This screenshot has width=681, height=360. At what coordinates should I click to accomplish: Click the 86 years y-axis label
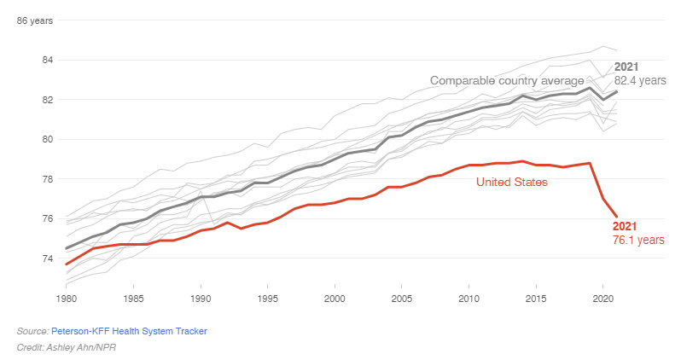pos(36,20)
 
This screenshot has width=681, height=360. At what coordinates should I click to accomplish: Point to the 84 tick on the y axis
pos(48,60)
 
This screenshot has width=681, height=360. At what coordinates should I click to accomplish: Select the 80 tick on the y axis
pos(48,139)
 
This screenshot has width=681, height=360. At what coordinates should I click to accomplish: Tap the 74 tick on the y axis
pos(48,258)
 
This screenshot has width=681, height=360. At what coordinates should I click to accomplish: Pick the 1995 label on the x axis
pos(267,299)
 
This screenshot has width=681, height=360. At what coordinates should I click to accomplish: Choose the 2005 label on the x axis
pos(402,299)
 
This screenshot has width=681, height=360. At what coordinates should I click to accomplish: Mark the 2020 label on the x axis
pos(602,299)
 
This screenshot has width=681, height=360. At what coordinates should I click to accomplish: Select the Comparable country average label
pos(506,80)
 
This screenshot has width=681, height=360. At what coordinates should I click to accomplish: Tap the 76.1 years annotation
pos(638,241)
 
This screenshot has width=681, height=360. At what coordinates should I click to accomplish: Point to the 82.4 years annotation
pos(640,80)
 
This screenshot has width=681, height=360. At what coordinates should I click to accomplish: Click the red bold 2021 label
pos(626,226)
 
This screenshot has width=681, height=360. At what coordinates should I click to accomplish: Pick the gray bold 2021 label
pos(627,67)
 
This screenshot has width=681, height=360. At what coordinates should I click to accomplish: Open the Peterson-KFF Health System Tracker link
pos(129,330)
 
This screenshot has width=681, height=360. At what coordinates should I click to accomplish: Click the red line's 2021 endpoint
pos(616,217)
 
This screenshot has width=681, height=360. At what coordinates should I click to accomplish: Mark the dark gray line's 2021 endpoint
pos(616,91)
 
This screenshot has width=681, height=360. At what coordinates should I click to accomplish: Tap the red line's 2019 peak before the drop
pos(590,163)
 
